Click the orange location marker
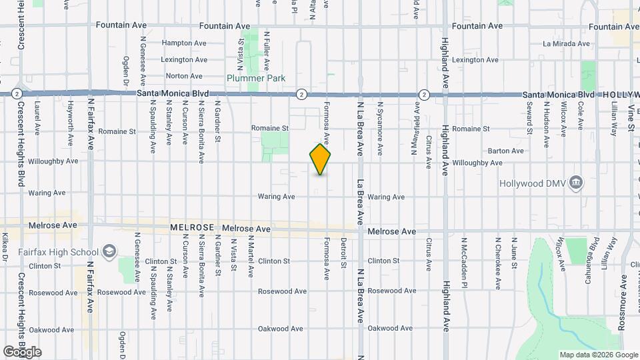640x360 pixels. click(320, 159)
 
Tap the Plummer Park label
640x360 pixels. click(256, 78)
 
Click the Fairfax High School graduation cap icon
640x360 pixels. click(109, 251)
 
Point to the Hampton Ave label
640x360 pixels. click(184, 43)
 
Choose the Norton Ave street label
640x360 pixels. click(183, 76)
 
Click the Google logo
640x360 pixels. click(22, 351)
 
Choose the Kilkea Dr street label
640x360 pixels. click(5, 247)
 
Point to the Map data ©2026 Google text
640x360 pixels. click(597, 354)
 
